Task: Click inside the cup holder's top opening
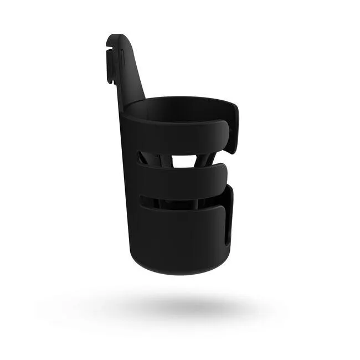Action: tap(177, 111)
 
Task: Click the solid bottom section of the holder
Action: tap(177, 238)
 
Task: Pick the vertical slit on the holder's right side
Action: tap(227, 222)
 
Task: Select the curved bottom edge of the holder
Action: tap(177, 270)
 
